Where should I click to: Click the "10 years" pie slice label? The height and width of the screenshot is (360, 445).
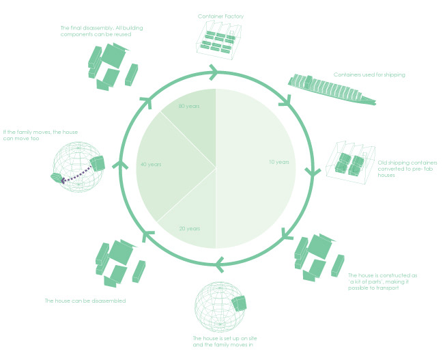click(279, 162)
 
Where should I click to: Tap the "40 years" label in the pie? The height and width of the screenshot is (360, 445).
click(150, 165)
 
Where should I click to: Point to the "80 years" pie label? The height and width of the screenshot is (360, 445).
click(188, 107)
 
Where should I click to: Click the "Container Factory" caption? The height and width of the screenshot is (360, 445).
click(220, 16)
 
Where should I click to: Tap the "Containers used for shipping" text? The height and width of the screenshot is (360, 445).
click(369, 74)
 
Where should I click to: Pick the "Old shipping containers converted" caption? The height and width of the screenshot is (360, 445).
click(407, 169)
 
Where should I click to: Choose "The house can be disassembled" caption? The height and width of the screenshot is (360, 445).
click(85, 301)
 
